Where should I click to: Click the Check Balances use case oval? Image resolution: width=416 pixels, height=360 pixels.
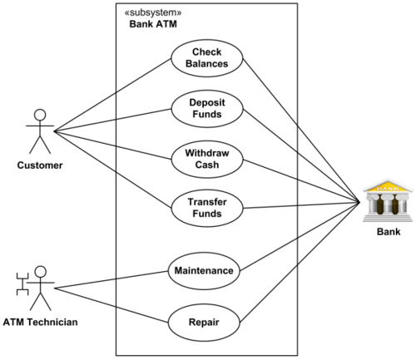207,58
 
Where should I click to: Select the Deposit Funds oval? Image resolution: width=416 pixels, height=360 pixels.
207,109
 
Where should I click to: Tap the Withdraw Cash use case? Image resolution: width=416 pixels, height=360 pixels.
207,159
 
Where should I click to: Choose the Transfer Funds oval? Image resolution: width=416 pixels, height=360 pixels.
207,208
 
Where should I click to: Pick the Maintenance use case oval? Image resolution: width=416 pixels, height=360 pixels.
204,271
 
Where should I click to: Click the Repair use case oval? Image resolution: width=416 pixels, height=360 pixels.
204,323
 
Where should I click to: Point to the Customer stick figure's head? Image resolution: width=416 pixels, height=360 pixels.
40,115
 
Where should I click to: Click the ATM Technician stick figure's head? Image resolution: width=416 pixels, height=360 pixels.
41,272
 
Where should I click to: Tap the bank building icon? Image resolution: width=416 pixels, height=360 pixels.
388,200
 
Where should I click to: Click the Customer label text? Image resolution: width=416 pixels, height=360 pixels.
40,165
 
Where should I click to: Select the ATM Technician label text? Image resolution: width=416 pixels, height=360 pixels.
41,323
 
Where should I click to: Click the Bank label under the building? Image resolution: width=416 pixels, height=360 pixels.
389,232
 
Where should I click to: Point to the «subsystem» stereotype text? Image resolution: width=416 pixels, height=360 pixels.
153,12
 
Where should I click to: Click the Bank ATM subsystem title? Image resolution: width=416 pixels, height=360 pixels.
153,24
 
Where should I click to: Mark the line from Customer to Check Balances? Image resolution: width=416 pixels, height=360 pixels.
112,95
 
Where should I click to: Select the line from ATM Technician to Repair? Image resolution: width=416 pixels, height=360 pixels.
111,305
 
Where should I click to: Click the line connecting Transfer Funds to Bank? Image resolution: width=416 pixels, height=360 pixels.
301,205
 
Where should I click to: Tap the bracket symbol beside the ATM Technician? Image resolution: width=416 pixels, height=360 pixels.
22,284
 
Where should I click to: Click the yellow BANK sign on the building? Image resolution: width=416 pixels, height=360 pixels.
388,188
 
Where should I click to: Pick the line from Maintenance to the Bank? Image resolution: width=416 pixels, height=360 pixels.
300,237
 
